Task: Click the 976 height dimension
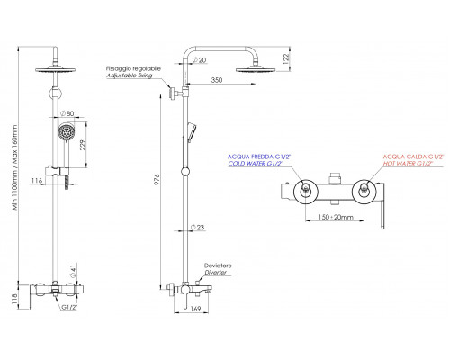click(x=157, y=179)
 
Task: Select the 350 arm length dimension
click(x=217, y=80)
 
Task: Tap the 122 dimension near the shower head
click(x=286, y=58)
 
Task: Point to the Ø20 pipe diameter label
click(x=200, y=60)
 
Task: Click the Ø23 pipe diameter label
click(x=197, y=228)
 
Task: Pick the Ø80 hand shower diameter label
click(x=67, y=113)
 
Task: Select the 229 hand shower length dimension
click(x=83, y=145)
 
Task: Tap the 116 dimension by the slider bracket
click(x=37, y=181)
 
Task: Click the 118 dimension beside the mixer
click(x=14, y=299)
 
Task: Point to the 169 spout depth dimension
click(x=195, y=309)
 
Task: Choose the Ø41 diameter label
click(x=74, y=271)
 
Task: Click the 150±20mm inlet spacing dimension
click(x=336, y=217)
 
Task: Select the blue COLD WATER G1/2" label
click(x=256, y=164)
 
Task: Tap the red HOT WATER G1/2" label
click(x=409, y=164)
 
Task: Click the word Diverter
click(x=215, y=273)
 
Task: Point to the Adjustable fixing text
click(x=130, y=76)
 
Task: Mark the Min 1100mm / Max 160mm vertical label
click(x=14, y=168)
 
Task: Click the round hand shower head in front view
click(x=64, y=131)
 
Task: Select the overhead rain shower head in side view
click(x=256, y=70)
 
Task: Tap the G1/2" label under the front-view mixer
click(x=69, y=308)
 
